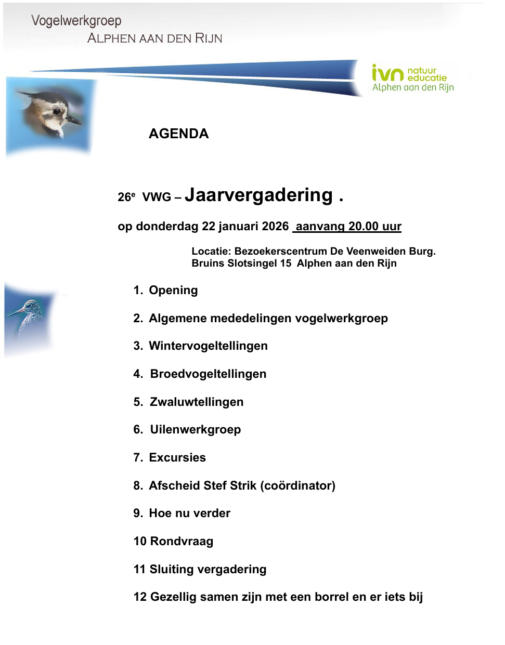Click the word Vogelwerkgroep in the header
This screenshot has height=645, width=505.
(x=76, y=21)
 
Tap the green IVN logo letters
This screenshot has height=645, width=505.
(x=387, y=74)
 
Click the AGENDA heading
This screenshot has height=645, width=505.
(x=178, y=134)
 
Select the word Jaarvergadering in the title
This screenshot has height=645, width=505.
(x=258, y=195)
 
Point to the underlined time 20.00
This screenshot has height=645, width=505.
(x=363, y=226)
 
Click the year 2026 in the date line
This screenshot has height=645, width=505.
(x=275, y=226)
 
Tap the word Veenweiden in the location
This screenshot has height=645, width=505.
(x=375, y=251)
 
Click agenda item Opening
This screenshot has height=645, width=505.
(x=173, y=290)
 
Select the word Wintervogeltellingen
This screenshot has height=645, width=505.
(x=208, y=346)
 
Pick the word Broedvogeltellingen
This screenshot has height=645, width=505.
(x=208, y=374)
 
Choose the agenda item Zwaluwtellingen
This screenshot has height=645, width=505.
(x=197, y=402)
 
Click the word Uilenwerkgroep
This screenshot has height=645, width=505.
(x=196, y=429)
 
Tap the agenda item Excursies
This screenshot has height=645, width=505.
(x=177, y=457)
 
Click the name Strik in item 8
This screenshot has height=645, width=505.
(x=243, y=485)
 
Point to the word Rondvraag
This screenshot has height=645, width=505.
(x=182, y=541)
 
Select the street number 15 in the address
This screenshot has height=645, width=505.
(x=286, y=263)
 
